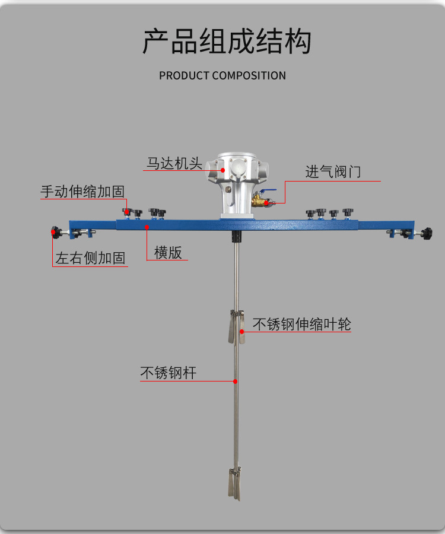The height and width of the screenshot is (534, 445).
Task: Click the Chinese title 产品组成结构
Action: tap(227, 41)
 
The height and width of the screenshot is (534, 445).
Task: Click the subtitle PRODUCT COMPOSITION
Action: tap(223, 75)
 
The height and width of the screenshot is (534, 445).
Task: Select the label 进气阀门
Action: tap(333, 172)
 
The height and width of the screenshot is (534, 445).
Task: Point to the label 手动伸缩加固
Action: tap(82, 192)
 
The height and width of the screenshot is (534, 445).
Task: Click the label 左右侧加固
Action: tap(90, 258)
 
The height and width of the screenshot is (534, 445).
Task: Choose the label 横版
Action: tap(168, 252)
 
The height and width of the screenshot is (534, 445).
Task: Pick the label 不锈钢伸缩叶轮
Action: tap(301, 324)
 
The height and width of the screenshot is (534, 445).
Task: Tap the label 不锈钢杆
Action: tap(168, 373)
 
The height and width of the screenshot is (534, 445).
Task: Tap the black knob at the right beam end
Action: tap(426, 233)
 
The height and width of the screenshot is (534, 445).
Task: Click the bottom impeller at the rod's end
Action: tap(233, 484)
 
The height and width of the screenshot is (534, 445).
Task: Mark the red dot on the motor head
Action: tap(223, 170)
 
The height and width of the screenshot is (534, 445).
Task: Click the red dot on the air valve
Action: tap(266, 204)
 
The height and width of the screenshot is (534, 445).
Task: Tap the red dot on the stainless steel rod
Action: tap(236, 380)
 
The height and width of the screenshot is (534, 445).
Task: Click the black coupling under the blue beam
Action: tap(237, 237)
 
